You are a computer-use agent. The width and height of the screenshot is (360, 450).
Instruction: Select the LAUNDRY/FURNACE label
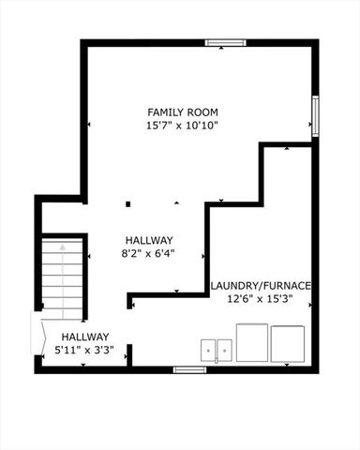tap(260, 286)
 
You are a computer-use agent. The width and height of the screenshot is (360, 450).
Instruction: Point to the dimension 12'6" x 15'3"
tap(260, 299)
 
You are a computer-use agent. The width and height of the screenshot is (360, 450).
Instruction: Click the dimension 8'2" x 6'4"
tap(148, 252)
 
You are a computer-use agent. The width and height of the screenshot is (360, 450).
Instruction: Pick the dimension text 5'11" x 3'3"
tap(86, 350)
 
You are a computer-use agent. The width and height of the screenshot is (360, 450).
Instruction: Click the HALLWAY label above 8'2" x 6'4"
tap(148, 239)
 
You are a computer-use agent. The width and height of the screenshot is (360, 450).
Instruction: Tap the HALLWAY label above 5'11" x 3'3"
tap(86, 337)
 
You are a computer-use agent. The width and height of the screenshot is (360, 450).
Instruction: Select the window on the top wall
tap(225, 42)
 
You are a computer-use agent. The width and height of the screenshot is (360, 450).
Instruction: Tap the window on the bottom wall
tap(189, 369)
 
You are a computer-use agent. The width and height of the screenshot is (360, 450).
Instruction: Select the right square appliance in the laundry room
tap(288, 344)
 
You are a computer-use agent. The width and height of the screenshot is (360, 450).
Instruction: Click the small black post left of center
tap(128, 203)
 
